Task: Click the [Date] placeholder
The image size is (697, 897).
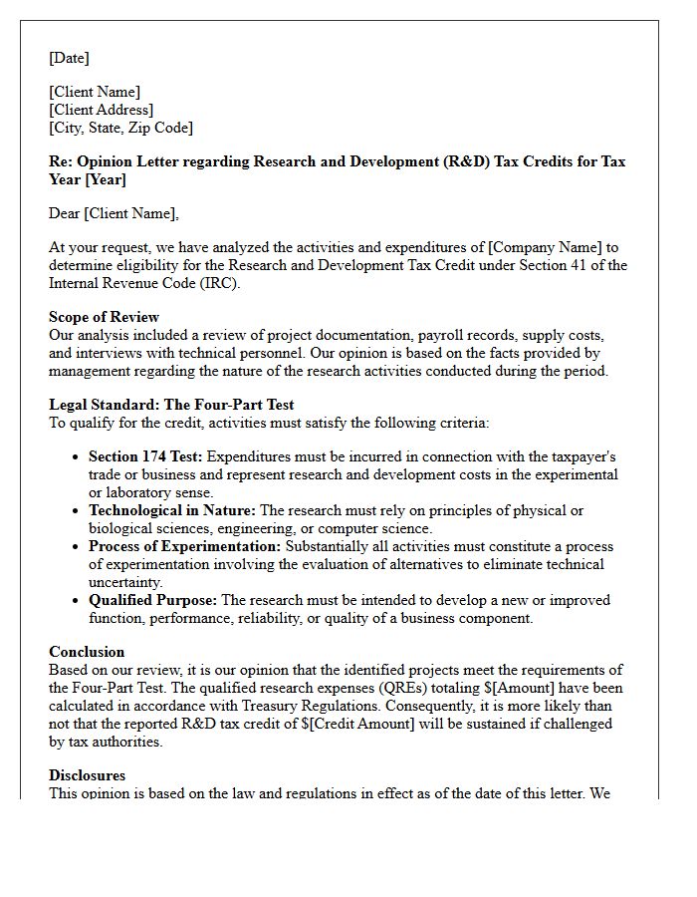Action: [69, 59]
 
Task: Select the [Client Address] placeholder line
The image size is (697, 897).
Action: [102, 110]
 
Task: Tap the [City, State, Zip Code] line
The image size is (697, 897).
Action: [121, 128]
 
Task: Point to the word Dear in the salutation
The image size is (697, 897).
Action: [65, 213]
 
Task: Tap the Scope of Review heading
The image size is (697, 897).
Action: [105, 317]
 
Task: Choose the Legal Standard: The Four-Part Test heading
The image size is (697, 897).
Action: [171, 405]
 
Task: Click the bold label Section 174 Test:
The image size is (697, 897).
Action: [145, 456]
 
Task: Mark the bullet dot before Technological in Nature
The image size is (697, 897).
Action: [77, 511]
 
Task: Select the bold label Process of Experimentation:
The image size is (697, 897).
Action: [185, 546]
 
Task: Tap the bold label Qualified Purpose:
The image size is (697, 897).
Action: [152, 600]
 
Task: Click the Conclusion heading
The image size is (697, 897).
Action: [87, 652]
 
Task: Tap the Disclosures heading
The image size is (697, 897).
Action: [88, 775]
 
